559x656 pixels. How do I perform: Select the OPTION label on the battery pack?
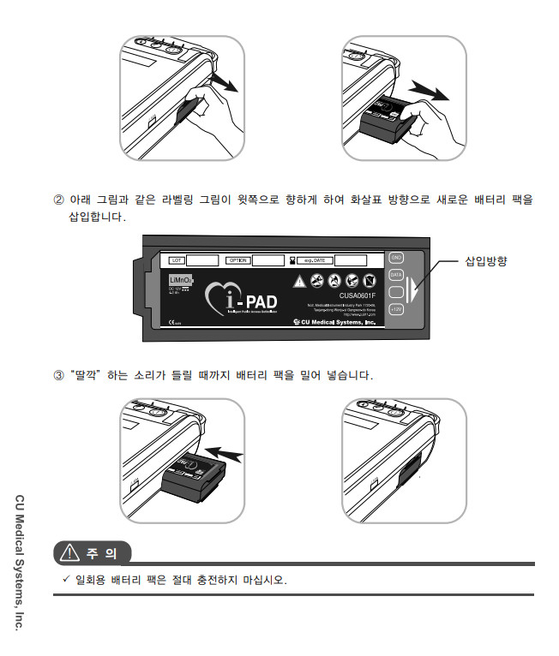tap(238, 259)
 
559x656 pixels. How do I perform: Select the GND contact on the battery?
tap(396, 257)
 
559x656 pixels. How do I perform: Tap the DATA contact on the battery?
tap(396, 274)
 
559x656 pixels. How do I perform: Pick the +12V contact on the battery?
tap(396, 310)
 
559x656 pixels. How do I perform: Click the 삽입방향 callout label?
tap(485, 261)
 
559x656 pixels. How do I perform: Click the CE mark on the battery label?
tap(172, 324)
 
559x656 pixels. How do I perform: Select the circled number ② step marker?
tap(58, 200)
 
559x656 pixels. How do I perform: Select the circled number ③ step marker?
tap(58, 375)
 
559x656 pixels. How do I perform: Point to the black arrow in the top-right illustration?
tap(426, 89)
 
